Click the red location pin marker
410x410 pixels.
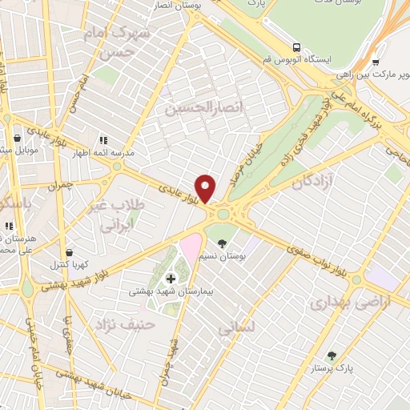coord(206,187)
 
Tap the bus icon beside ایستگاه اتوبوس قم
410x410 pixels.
coord(297,47)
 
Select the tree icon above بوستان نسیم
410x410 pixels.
coord(222,243)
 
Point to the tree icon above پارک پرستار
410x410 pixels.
coord(332,355)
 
